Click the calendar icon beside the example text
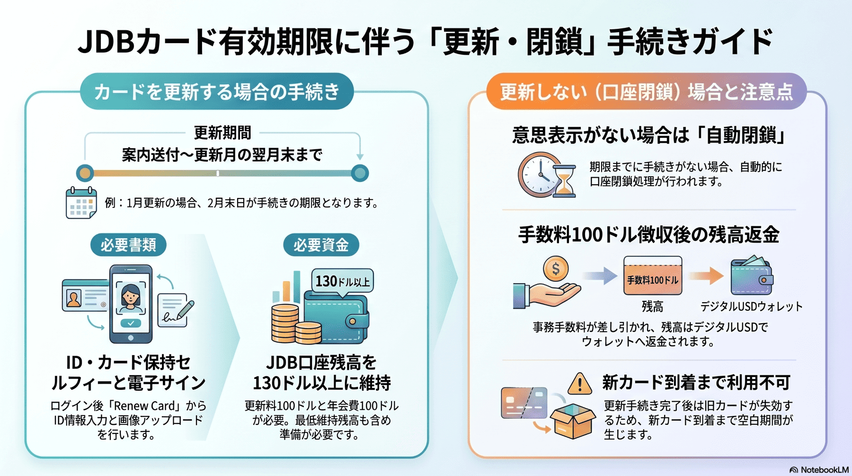81,203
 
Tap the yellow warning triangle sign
579,384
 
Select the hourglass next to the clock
565,181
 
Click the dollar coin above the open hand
556,269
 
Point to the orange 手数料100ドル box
653,276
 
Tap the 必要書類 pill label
128,245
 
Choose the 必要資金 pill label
321,245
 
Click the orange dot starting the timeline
85,173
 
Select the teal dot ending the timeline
360,173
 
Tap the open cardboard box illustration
573,421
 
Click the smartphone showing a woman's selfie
131,304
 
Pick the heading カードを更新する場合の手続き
217,91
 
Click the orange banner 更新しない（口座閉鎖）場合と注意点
646,91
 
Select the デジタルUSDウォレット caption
752,306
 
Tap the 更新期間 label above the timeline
222,133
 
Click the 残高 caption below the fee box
652,306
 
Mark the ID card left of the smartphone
86,295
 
